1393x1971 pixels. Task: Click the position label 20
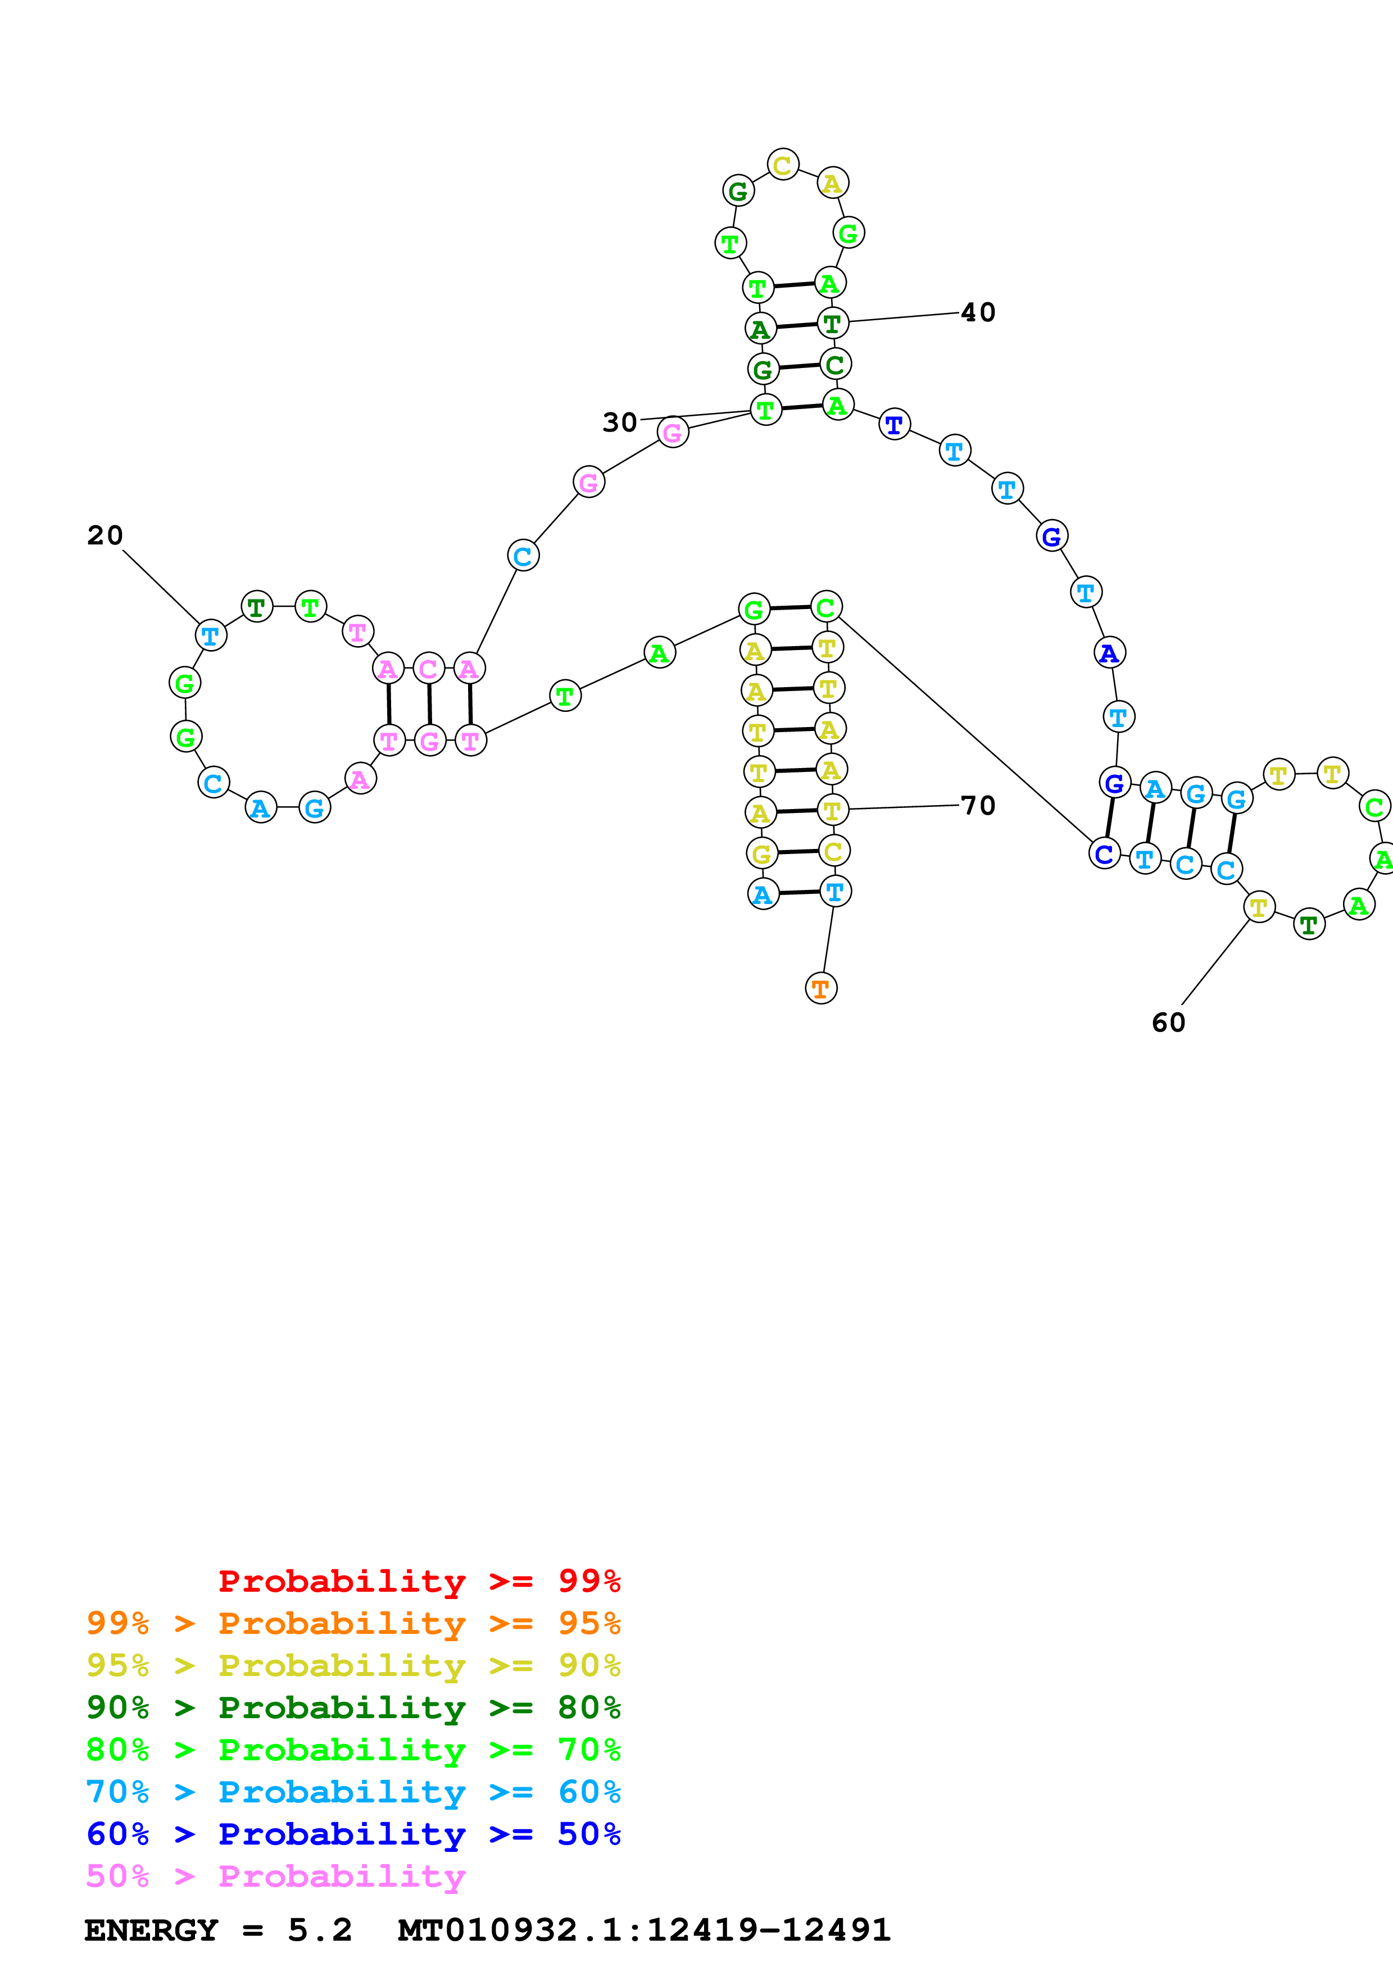pyautogui.click(x=105, y=535)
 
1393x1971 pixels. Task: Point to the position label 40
pyautogui.click(x=978, y=312)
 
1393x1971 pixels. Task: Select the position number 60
pyautogui.click(x=1168, y=1023)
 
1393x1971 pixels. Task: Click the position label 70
pyautogui.click(x=978, y=805)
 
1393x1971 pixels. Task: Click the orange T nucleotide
pyautogui.click(x=820, y=988)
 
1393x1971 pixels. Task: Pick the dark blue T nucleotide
pyautogui.click(x=895, y=424)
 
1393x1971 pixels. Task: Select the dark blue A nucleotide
pyautogui.click(x=1109, y=653)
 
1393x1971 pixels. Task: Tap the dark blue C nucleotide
pyautogui.click(x=1104, y=854)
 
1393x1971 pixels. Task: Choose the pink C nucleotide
pyautogui.click(x=428, y=668)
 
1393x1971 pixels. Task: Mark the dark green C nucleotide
pyautogui.click(x=834, y=364)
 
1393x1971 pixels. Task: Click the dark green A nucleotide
pyautogui.click(x=760, y=328)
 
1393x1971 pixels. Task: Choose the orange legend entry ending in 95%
pyautogui.click(x=353, y=1623)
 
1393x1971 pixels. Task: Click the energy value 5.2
pyautogui.click(x=319, y=1930)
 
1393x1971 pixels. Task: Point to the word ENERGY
pyautogui.click(x=151, y=1930)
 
